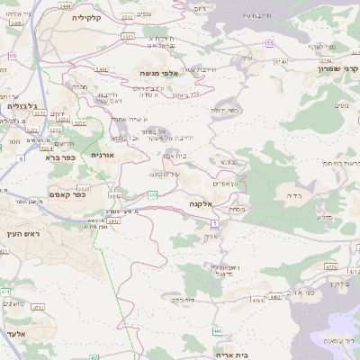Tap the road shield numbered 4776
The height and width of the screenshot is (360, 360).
[331, 266]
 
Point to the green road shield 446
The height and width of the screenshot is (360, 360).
[218, 331]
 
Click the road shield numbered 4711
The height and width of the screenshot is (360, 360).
[7, 292]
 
